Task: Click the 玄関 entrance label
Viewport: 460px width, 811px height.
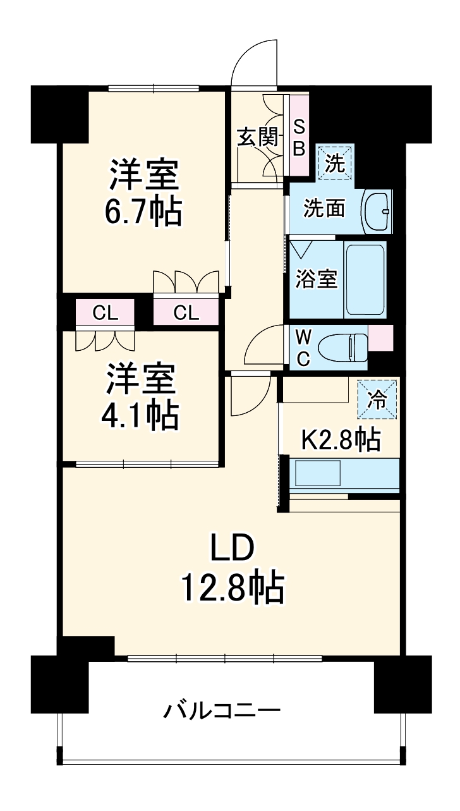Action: pos(257,137)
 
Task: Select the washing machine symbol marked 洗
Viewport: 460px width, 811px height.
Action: pos(335,163)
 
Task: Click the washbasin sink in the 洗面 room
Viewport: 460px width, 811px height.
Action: pos(377,211)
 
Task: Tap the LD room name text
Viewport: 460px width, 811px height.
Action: pos(232,548)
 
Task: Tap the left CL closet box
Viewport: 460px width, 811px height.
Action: pos(105,312)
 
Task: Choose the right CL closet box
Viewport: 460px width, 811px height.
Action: pos(186,312)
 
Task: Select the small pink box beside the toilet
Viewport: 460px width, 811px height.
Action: pos(380,336)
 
